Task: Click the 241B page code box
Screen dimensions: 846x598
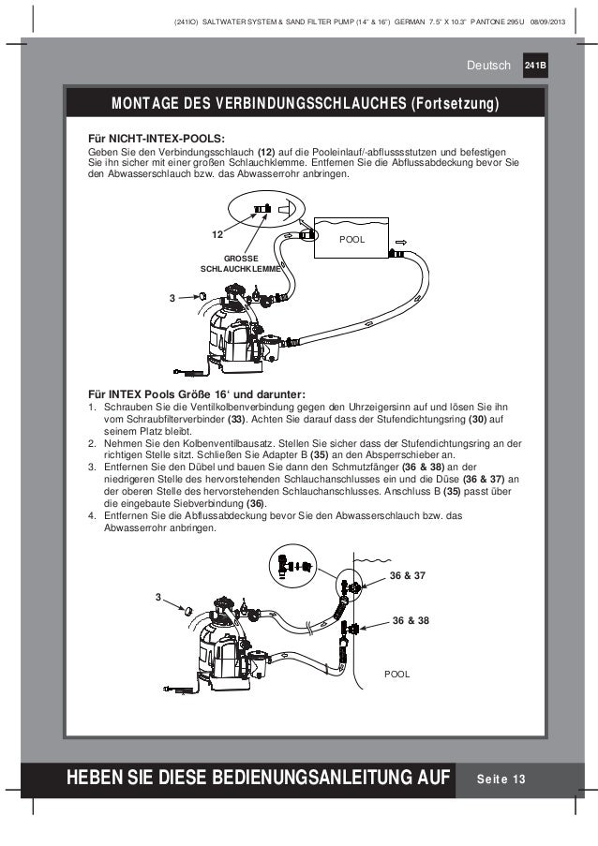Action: pos(537,66)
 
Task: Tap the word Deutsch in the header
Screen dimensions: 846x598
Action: pos(491,66)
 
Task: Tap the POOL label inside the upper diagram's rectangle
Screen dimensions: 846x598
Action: pos(352,241)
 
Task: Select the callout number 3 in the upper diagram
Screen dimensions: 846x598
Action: pos(172,299)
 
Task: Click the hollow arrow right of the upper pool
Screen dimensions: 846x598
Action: pos(400,241)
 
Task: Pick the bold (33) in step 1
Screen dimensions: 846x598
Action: pos(242,421)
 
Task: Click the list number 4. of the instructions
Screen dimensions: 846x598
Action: pos(92,514)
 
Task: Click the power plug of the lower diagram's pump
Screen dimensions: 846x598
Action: pos(170,691)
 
